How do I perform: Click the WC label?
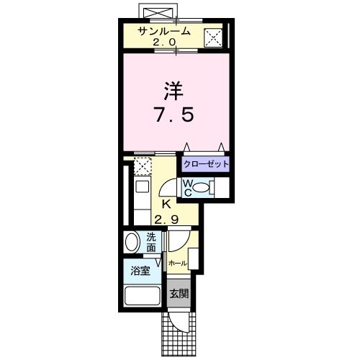click(186, 188)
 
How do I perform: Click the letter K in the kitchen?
click(166, 204)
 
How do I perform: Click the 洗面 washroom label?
click(151, 243)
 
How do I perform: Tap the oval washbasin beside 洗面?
click(132, 243)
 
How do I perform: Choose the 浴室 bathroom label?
click(140, 271)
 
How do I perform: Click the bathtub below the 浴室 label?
click(142, 297)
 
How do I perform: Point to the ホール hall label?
click(177, 264)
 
